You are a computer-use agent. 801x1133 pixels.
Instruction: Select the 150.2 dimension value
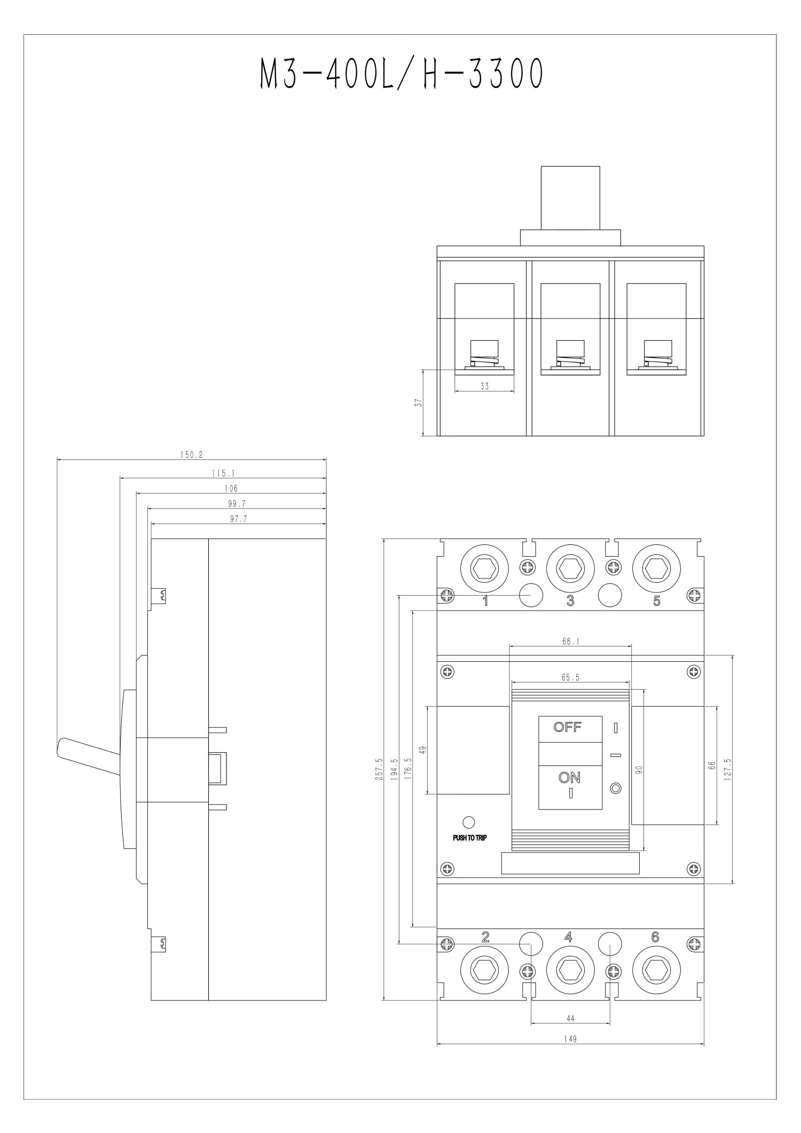[191, 456]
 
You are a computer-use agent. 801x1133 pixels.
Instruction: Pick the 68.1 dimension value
[570, 642]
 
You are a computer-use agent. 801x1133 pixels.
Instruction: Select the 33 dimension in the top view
[484, 386]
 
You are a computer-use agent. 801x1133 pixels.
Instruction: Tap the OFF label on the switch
[567, 727]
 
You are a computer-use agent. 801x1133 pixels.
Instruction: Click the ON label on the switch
[570, 778]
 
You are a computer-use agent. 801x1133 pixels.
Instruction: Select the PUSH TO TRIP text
[470, 838]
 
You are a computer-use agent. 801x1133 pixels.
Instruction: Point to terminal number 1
[485, 601]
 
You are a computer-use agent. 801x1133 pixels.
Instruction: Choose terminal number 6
[655, 937]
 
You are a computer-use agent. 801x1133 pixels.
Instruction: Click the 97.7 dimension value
[238, 519]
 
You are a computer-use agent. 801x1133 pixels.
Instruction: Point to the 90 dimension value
[639, 770]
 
